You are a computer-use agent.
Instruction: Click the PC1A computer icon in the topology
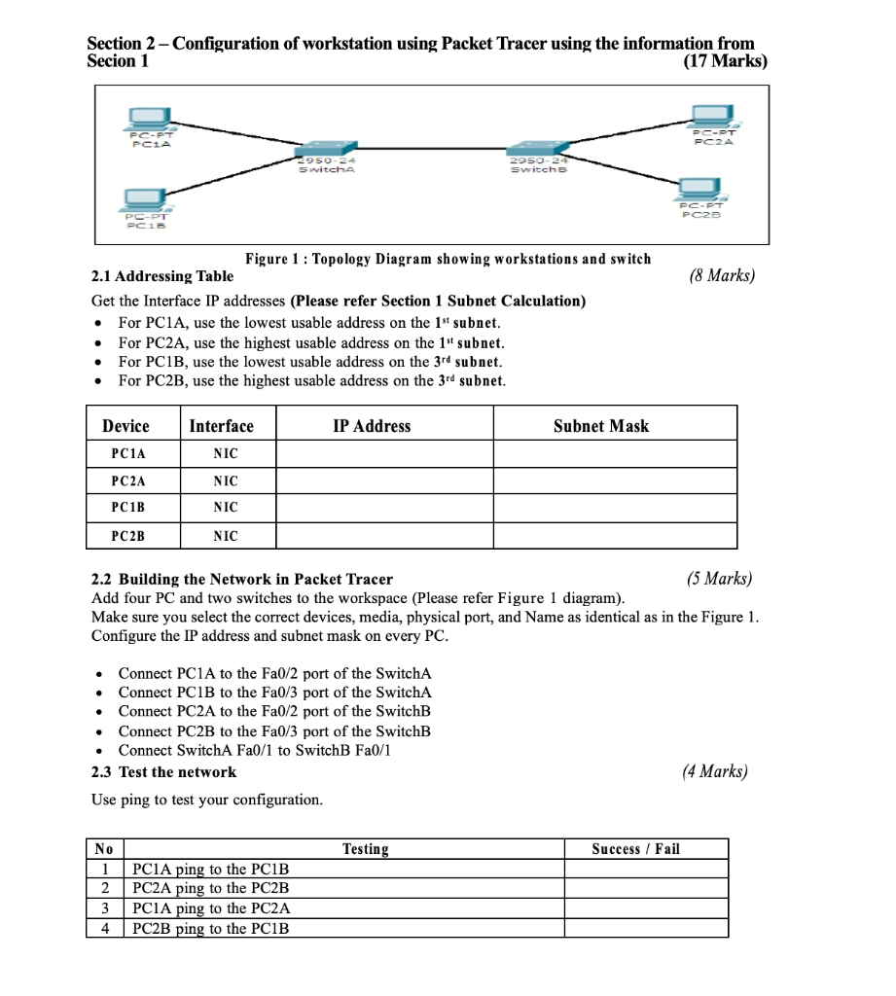pyautogui.click(x=151, y=120)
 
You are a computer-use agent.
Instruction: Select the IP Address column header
pyautogui.click(x=372, y=426)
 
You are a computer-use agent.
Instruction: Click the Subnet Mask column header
pyautogui.click(x=600, y=426)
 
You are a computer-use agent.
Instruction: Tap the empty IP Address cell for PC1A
pyautogui.click(x=384, y=454)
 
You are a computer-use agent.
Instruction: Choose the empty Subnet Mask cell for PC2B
pyautogui.click(x=614, y=536)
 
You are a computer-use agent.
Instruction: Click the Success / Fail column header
pyautogui.click(x=635, y=849)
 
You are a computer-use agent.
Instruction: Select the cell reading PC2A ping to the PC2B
pyautogui.click(x=211, y=888)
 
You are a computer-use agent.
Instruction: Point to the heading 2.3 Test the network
pyautogui.click(x=163, y=772)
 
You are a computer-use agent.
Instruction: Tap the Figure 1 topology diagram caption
pyautogui.click(x=448, y=259)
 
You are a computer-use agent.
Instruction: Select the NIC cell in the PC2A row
pyautogui.click(x=225, y=481)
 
